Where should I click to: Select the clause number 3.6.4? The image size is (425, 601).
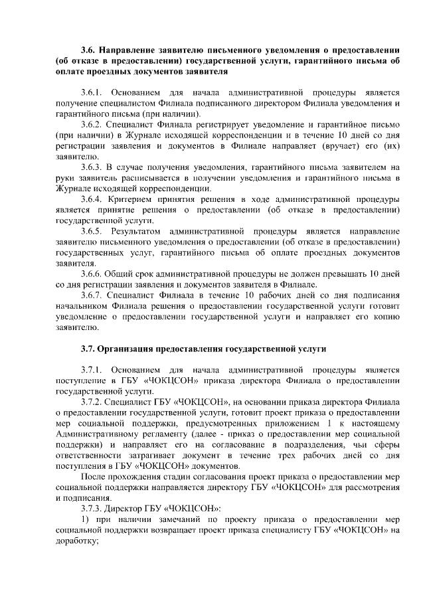92,198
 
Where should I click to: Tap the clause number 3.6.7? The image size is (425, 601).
92,294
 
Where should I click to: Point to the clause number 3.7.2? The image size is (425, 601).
92,402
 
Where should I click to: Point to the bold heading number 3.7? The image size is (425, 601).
89,348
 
